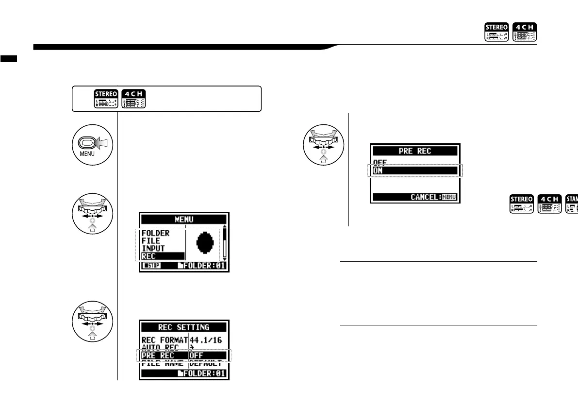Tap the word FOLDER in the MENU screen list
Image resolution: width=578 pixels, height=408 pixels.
[155, 234]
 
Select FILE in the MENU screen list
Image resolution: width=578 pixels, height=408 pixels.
[150, 241]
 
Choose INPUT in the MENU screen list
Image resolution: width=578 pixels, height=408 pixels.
[153, 248]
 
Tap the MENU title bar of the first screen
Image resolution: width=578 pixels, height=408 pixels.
[184, 220]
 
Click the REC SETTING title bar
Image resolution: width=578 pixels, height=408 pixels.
[184, 327]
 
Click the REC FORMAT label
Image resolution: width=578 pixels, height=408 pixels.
[164, 340]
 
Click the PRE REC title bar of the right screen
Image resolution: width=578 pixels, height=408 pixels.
[415, 151]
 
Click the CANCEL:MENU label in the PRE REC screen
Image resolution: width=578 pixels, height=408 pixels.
[434, 197]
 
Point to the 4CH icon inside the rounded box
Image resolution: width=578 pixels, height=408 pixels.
[134, 99]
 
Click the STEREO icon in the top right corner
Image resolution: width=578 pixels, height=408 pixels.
[496, 32]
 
